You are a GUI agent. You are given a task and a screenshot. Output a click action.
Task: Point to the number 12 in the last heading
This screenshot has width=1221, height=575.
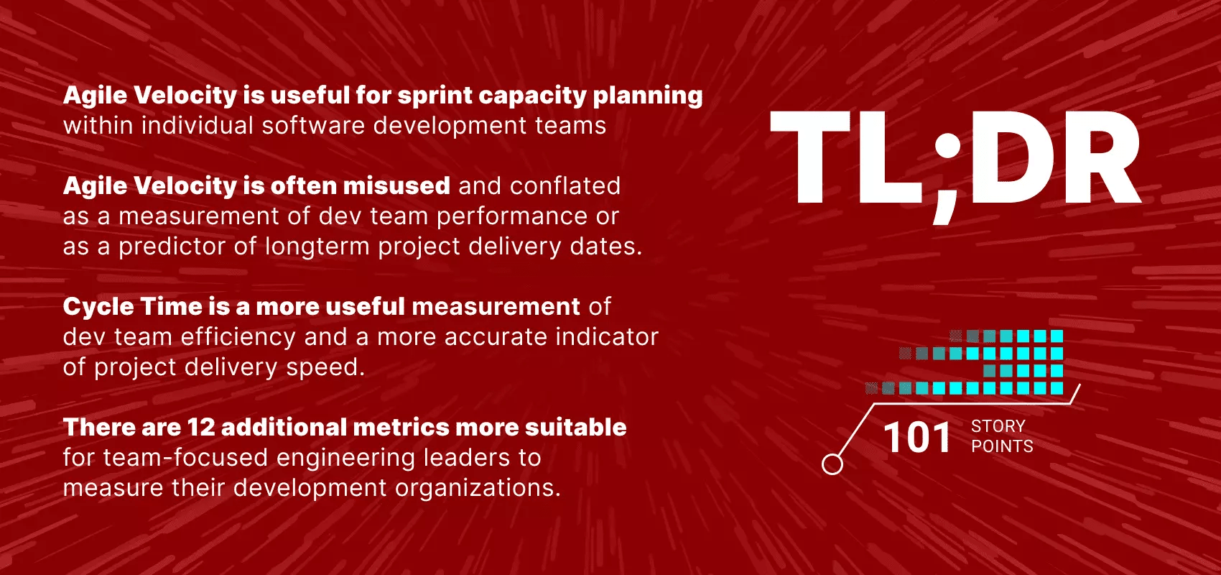tap(201, 428)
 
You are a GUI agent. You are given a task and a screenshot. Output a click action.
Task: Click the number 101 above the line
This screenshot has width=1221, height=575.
tap(917, 438)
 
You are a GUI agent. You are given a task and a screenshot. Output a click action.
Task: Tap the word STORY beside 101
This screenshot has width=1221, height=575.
tap(998, 426)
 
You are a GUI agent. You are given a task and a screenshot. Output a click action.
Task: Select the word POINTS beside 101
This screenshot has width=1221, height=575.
tap(1002, 446)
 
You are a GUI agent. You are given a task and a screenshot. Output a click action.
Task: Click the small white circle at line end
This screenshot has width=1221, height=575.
tap(832, 464)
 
